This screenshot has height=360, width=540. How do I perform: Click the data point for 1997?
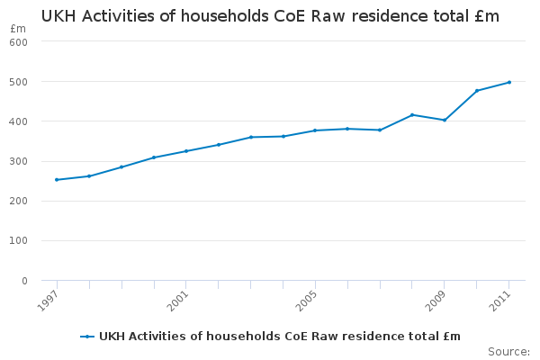click(x=57, y=180)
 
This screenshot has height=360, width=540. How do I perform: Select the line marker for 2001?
click(x=186, y=151)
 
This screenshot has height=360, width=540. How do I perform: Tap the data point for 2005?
click(x=315, y=130)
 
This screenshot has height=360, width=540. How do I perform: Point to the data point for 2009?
click(x=445, y=120)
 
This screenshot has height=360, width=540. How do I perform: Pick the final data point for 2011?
click(x=509, y=82)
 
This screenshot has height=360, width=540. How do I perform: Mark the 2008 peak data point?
click(x=412, y=114)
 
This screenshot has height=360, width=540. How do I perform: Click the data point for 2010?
click(x=477, y=91)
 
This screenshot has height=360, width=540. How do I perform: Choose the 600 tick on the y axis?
click(x=19, y=42)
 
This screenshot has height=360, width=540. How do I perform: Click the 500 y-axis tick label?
click(x=19, y=82)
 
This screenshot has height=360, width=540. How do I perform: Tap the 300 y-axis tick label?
click(x=19, y=162)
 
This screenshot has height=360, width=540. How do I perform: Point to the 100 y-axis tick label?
click(x=19, y=241)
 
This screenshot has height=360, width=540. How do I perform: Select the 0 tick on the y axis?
click(x=24, y=281)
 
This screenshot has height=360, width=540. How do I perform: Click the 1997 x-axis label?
click(x=50, y=299)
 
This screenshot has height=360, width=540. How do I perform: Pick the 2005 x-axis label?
click(x=309, y=299)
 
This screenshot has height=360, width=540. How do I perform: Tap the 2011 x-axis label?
click(x=503, y=299)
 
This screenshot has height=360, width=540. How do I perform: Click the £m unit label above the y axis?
click(x=18, y=29)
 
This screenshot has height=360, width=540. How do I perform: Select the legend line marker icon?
click(x=87, y=337)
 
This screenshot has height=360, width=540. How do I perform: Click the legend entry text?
click(x=279, y=337)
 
